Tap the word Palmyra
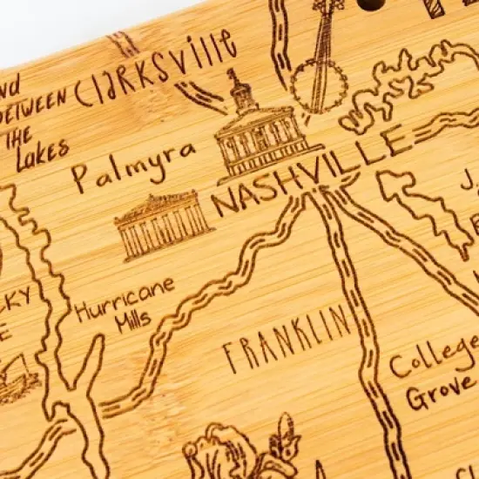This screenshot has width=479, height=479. (132, 165)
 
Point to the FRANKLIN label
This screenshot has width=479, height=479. (287, 339)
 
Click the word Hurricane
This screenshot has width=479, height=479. (124, 299)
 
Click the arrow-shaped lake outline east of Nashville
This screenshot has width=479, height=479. (418, 209)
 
